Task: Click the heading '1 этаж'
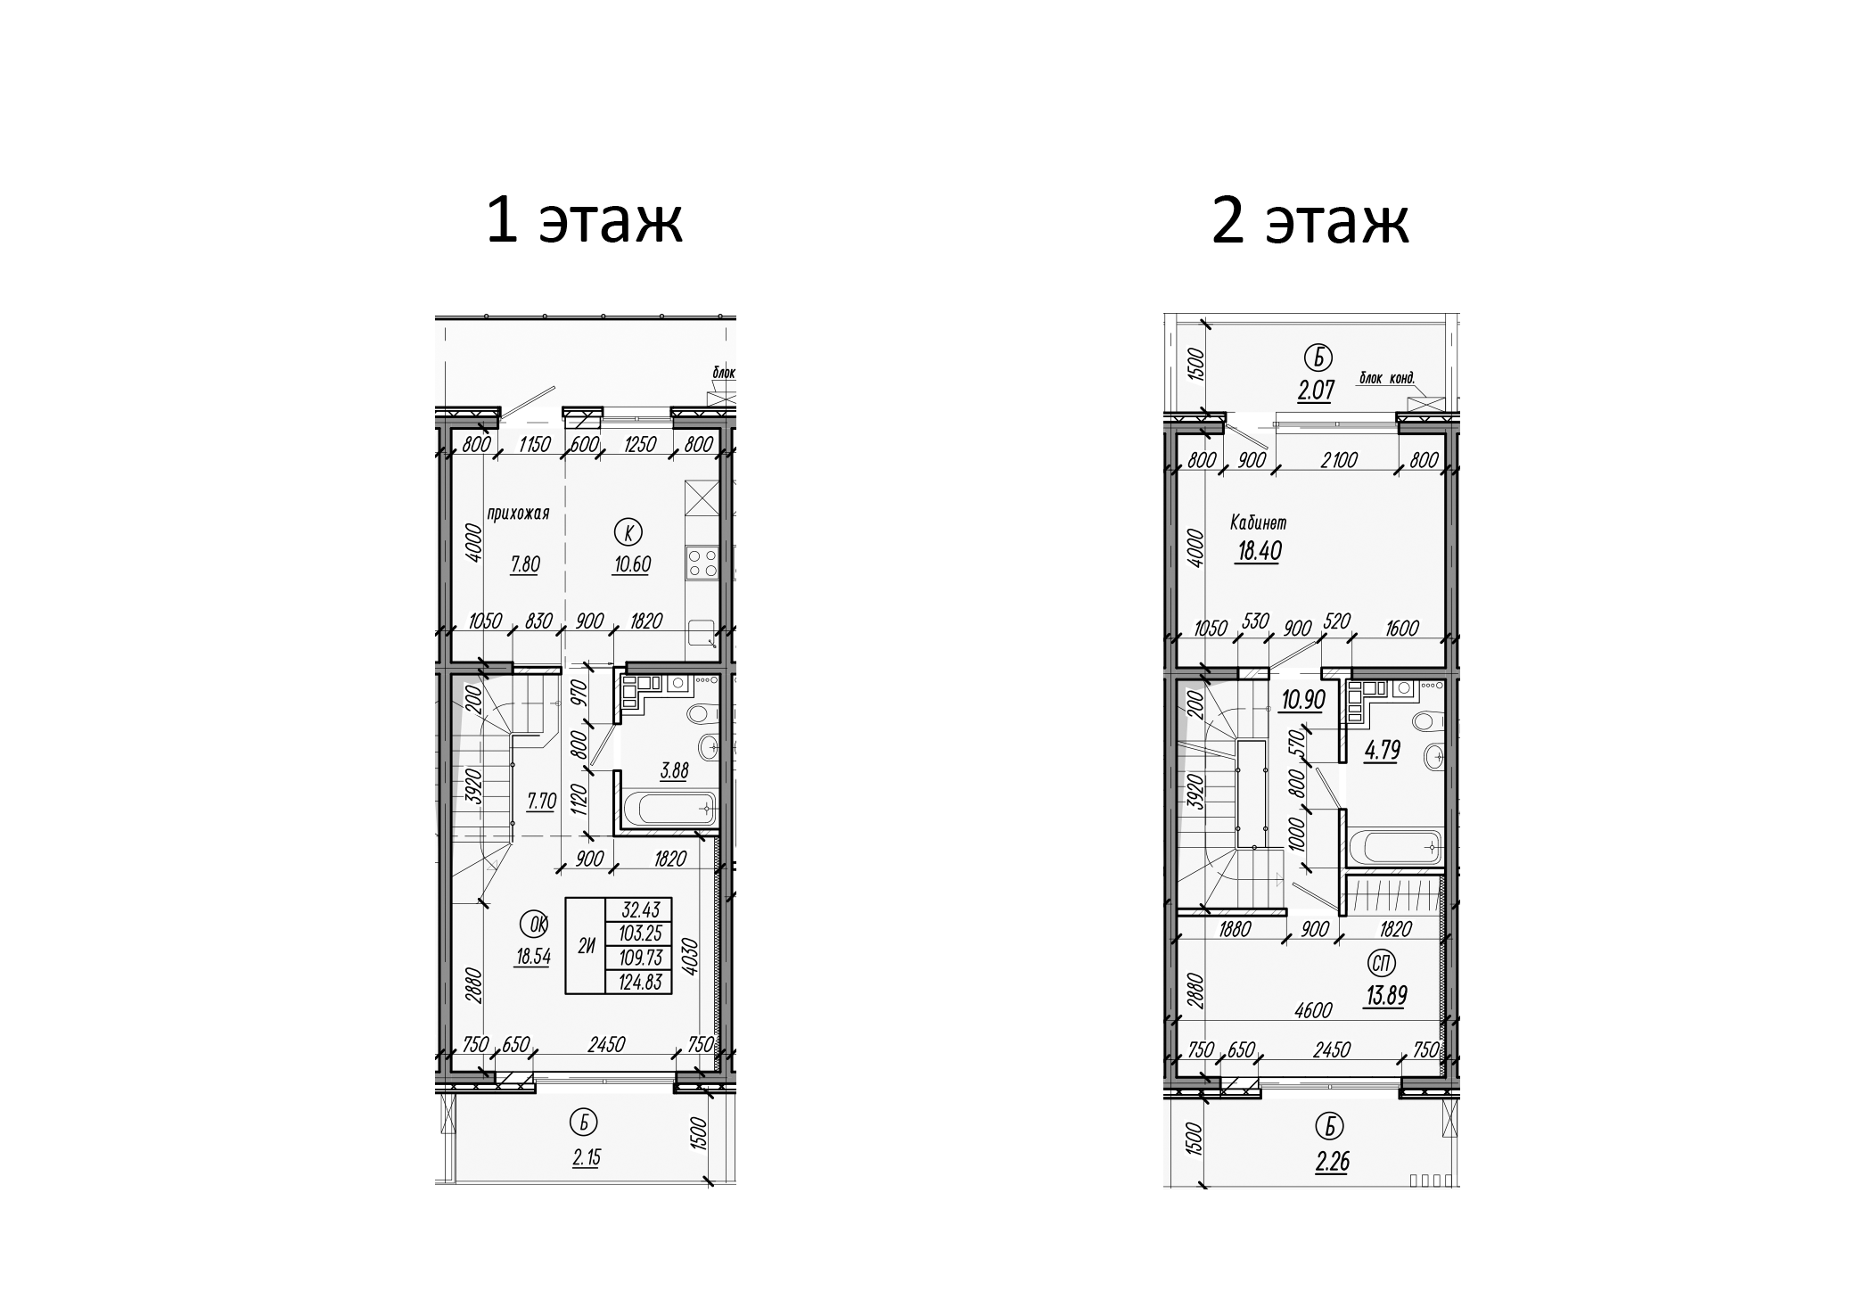(x=584, y=221)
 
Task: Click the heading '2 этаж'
(x=1310, y=221)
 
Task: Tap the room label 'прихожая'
(x=518, y=513)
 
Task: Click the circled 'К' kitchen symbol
(x=629, y=533)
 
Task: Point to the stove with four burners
(x=702, y=563)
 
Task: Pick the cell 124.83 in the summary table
(x=637, y=983)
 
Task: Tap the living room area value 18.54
(x=532, y=958)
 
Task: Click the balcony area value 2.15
(x=586, y=1158)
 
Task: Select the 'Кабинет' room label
(x=1258, y=522)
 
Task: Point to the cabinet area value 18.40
(x=1259, y=551)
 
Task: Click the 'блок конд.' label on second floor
(x=1386, y=378)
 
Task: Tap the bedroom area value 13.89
(x=1384, y=995)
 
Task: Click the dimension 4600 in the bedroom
(x=1312, y=1010)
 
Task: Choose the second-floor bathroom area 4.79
(x=1382, y=751)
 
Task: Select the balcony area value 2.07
(x=1316, y=390)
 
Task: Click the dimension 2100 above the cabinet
(x=1338, y=460)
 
